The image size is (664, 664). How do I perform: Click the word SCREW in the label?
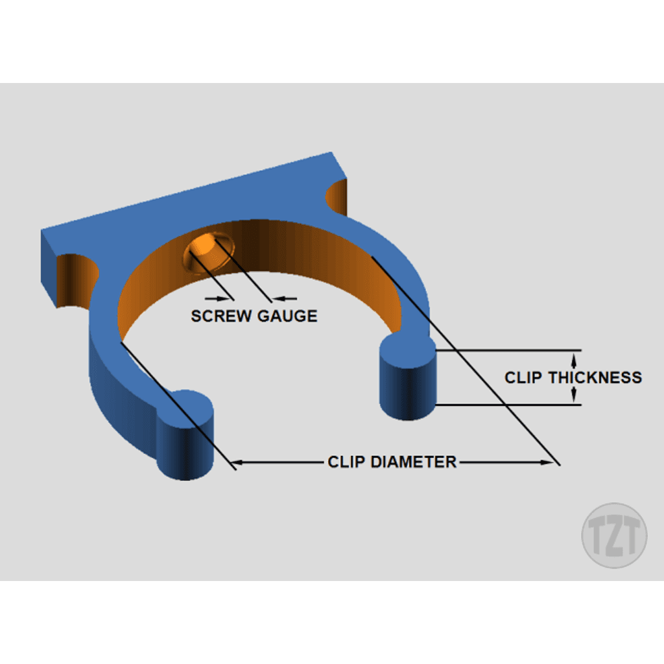(220, 316)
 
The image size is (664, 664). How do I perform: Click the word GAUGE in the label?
(287, 316)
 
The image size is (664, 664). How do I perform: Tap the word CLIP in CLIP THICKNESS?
(523, 377)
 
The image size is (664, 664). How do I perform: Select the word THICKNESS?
(595, 377)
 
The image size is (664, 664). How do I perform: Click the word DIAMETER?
(413, 462)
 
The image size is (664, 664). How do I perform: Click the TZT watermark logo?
(614, 535)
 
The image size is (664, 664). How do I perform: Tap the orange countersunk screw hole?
(208, 253)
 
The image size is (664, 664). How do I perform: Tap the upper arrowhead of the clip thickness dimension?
(574, 360)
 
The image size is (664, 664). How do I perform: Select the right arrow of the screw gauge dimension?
(285, 298)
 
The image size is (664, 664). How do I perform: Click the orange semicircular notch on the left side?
(77, 280)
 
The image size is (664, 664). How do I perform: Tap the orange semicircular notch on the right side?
(337, 198)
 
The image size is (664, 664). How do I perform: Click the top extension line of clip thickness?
(508, 350)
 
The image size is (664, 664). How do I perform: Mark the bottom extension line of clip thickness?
(508, 405)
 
